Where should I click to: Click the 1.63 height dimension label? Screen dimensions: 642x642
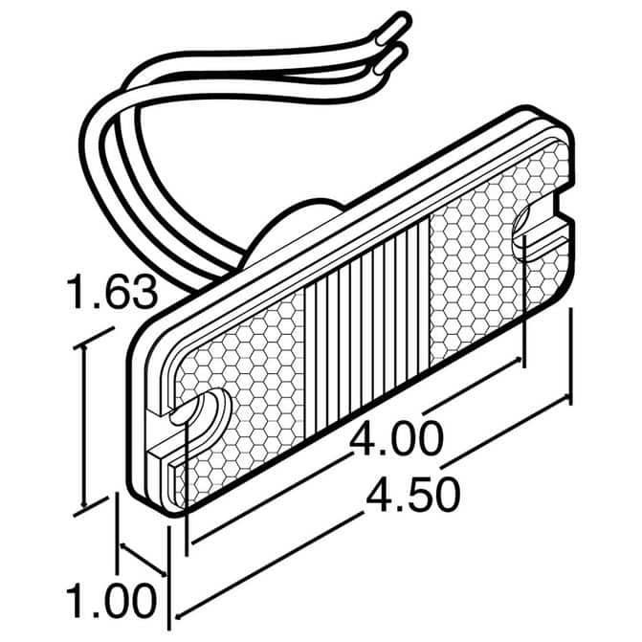click(x=112, y=292)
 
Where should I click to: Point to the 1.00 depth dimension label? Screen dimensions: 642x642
click(x=111, y=602)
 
